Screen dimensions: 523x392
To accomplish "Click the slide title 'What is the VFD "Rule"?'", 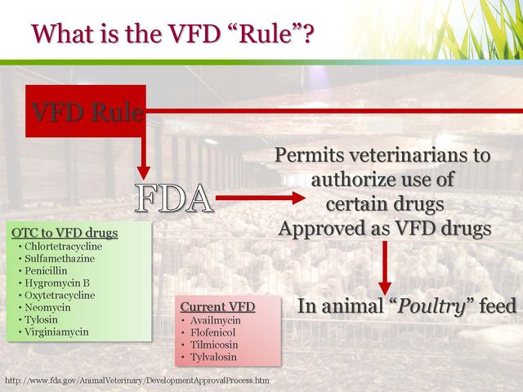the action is (x=172, y=33).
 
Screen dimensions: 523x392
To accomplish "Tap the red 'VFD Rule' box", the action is (x=86, y=111).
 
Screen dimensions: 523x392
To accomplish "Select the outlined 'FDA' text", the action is (x=174, y=198).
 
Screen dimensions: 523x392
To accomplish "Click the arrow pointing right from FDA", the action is (x=261, y=198).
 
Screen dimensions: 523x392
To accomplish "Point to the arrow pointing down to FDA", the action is (x=144, y=157).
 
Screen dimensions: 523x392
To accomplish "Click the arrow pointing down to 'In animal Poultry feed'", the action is (x=385, y=268).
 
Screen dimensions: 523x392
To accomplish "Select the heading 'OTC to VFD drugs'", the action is (x=65, y=233).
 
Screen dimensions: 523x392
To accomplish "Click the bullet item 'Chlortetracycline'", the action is (x=64, y=247).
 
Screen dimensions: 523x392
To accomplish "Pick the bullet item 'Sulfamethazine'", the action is (x=60, y=259).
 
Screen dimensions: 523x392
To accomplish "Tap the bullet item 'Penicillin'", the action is (x=46, y=270).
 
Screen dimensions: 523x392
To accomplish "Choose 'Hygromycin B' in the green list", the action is (x=57, y=283).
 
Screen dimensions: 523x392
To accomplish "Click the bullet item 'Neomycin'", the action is (x=47, y=307).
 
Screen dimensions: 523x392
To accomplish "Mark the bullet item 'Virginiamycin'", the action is (x=56, y=332).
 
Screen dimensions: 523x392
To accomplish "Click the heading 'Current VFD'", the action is (x=217, y=307).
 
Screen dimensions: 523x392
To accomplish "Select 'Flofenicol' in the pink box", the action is (x=212, y=332).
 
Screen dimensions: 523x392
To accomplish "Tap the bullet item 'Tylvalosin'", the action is (x=213, y=357).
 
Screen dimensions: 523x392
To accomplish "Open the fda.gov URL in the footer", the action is (x=137, y=381).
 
